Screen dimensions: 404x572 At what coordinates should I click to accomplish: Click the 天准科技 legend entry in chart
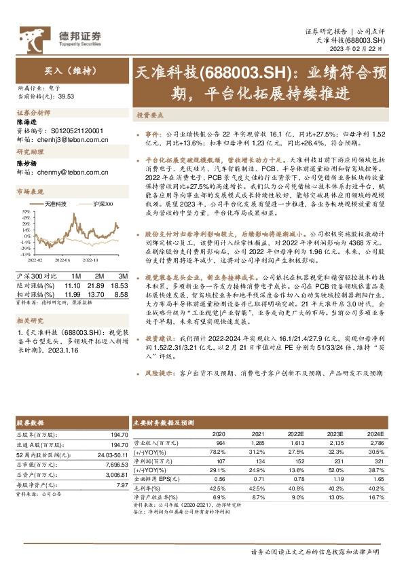coord(54,202)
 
